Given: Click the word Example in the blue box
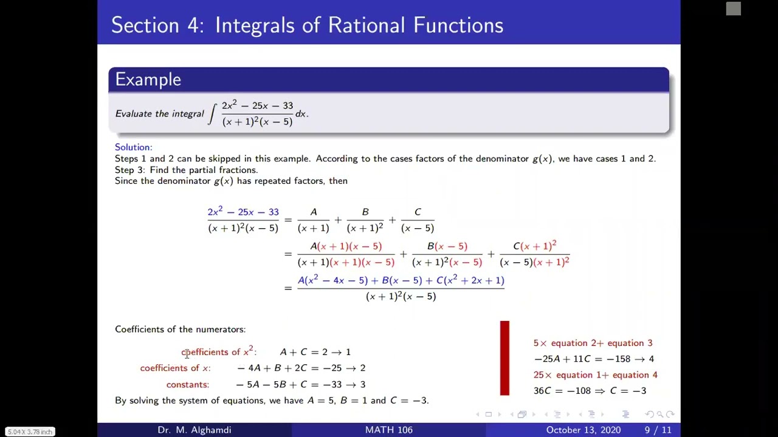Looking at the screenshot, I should pyautogui.click(x=148, y=80).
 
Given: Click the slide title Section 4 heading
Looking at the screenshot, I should pyautogui.click(x=307, y=25).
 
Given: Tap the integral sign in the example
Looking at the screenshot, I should pyautogui.click(x=212, y=113).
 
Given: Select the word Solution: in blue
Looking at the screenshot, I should pyautogui.click(x=134, y=147).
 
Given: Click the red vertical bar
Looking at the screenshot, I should pyautogui.click(x=504, y=358).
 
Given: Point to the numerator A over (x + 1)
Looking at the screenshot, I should pyautogui.click(x=314, y=212).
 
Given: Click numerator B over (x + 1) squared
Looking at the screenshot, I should pyautogui.click(x=365, y=212).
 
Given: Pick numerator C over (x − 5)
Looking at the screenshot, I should pyautogui.click(x=418, y=212).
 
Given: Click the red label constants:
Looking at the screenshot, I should pyautogui.click(x=187, y=384).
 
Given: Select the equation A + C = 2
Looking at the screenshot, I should pyautogui.click(x=303, y=352).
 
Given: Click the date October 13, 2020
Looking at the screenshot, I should pyautogui.click(x=583, y=430).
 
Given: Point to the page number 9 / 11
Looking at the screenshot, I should pyautogui.click(x=658, y=430).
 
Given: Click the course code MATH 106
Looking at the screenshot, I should pyautogui.click(x=388, y=430).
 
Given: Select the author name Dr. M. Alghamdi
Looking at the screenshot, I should pyautogui.click(x=194, y=430).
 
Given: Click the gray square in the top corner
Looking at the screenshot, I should pyautogui.click(x=734, y=8).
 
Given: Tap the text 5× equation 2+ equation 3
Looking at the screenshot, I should pyautogui.click(x=593, y=343).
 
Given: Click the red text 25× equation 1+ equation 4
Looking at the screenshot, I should pyautogui.click(x=595, y=375).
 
